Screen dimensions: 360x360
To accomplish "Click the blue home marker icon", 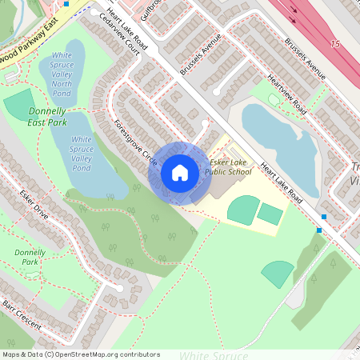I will (x=179, y=173).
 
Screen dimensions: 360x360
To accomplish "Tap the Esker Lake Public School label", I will (x=227, y=166).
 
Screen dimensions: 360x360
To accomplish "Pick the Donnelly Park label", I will (x=30, y=257).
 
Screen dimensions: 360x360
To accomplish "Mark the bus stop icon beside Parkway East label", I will (x=66, y=3).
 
